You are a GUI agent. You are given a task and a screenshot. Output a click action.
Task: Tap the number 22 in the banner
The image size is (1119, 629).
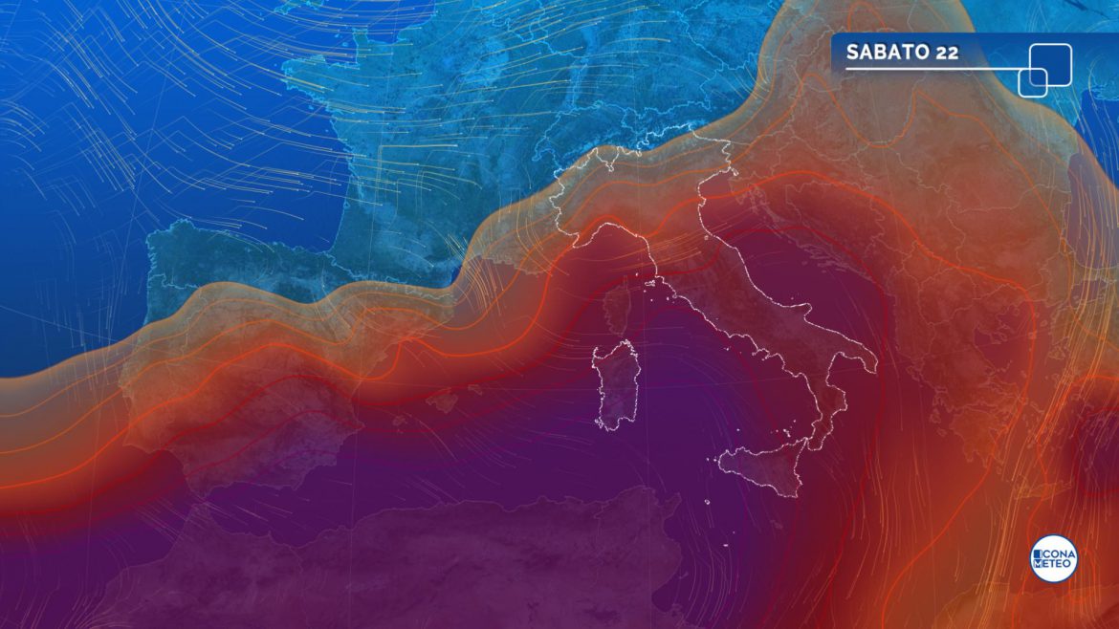pos(947,53)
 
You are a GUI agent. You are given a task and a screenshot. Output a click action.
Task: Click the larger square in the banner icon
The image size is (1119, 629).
pos(1049,64)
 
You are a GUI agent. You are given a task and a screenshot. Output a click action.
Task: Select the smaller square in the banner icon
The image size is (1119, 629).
pos(1032,82)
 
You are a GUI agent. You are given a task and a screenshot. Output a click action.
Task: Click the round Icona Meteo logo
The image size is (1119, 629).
pos(1053,558)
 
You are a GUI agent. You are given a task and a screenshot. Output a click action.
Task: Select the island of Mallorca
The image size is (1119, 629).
pos(442,402)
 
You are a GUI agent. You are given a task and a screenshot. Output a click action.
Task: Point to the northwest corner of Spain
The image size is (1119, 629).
pos(153,239)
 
